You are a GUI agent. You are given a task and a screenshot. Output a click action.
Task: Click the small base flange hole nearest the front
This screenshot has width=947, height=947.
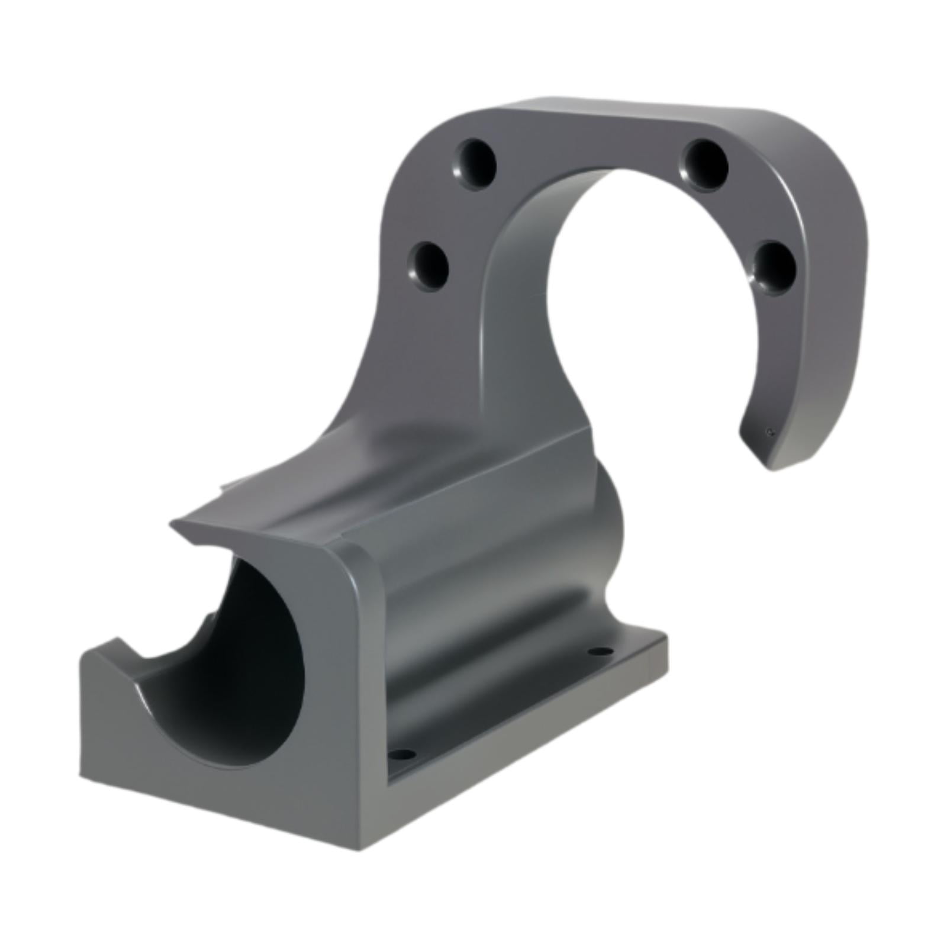pos(401,754)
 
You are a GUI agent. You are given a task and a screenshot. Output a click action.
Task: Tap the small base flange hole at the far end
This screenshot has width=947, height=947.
pos(600,651)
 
